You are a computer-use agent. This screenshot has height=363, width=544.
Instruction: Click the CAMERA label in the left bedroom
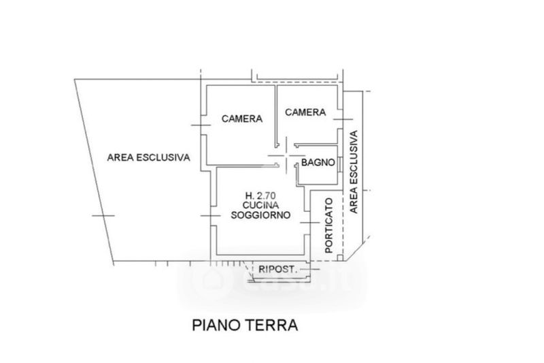[x=242, y=119]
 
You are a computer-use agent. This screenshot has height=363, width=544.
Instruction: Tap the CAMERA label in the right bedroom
[x=305, y=112]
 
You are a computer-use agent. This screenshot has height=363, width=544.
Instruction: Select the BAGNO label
[x=318, y=162]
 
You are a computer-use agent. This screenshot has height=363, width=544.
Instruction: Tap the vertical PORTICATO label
[x=329, y=226]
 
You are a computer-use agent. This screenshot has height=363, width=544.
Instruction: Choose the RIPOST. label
[x=278, y=270]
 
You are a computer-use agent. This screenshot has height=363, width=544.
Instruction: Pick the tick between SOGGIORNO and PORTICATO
[x=309, y=223]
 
